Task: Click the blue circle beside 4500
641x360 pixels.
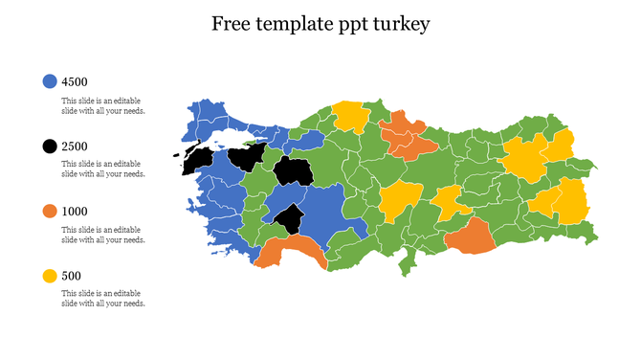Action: [x=50, y=81]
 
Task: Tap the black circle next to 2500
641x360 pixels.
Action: [x=50, y=146]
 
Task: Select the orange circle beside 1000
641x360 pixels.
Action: [x=50, y=211]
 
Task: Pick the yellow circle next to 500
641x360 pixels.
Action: [x=50, y=276]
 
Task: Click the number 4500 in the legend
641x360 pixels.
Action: [x=75, y=81]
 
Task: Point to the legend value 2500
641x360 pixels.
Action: [x=75, y=146]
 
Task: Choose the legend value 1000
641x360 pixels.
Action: [x=75, y=211]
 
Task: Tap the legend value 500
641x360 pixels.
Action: [x=72, y=276]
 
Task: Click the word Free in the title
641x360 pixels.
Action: [x=232, y=23]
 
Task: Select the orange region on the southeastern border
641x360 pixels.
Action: [x=469, y=236]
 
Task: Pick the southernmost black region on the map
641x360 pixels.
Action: [x=288, y=219]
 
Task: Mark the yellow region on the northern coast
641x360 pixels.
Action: [x=351, y=116]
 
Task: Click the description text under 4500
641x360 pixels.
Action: [x=103, y=104]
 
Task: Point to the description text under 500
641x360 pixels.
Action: [x=103, y=299]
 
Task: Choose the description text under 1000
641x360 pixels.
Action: [x=103, y=235]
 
